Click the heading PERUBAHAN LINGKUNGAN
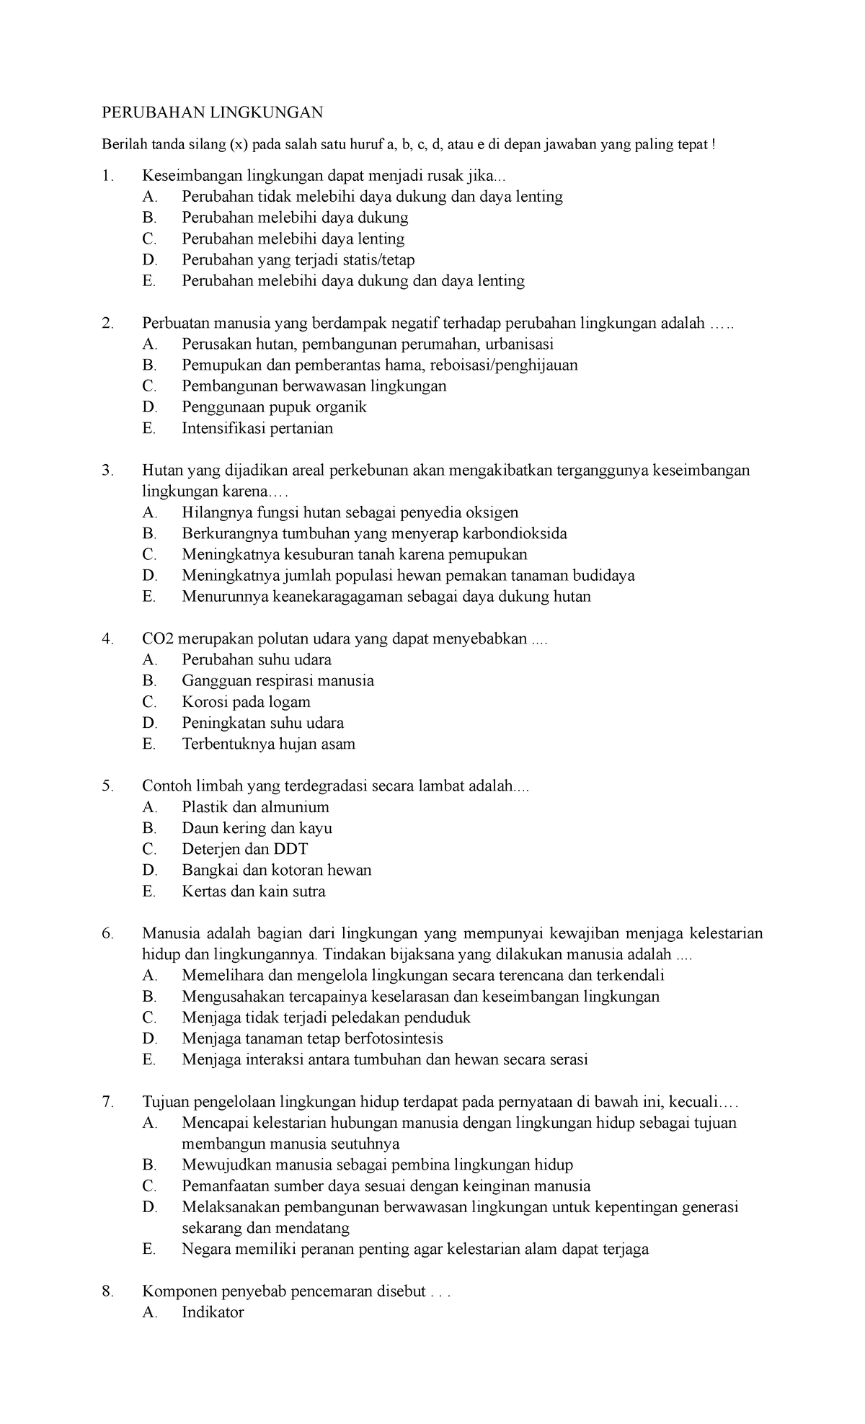(212, 112)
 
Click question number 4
(107, 639)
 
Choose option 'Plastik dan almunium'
(255, 807)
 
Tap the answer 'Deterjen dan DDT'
(244, 849)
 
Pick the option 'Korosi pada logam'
(246, 702)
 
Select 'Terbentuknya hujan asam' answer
(268, 744)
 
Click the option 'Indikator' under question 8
(213, 1312)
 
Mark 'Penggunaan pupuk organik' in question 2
(274, 407)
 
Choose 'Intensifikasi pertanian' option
(257, 428)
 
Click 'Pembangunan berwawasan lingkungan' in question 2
(314, 386)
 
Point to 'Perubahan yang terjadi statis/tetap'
(298, 259)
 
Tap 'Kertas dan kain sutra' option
(253, 891)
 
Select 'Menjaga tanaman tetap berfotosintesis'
(312, 1038)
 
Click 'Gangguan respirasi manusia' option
(278, 681)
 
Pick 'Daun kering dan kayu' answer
(257, 828)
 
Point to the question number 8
(107, 1291)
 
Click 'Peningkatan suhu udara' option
(262, 723)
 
